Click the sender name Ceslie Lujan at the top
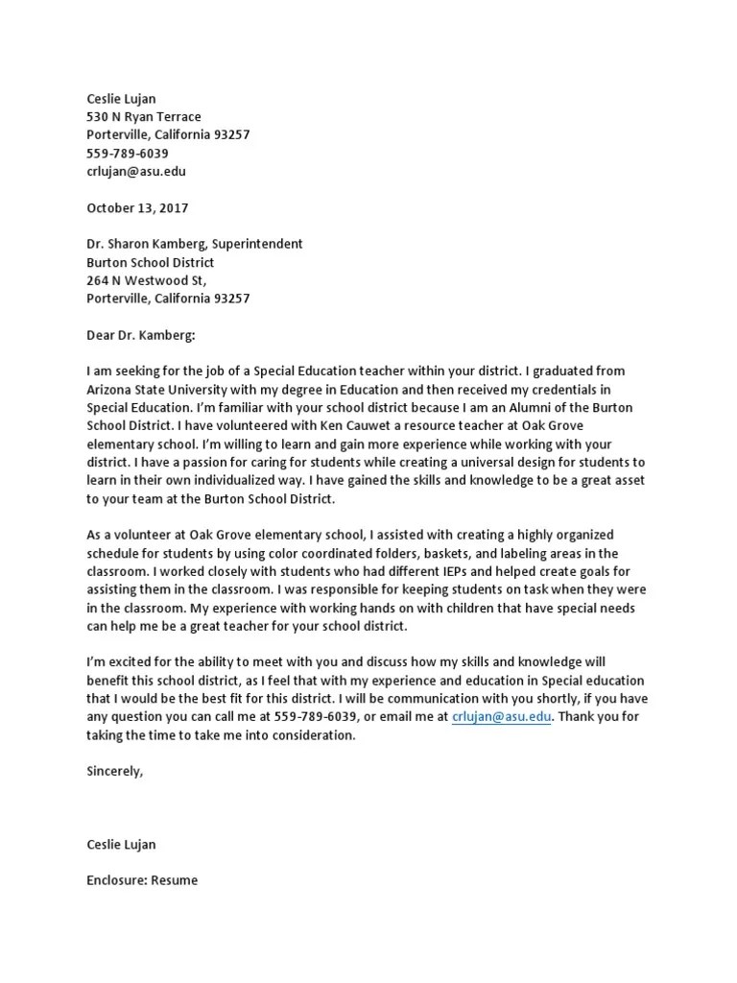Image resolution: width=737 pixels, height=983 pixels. click(121, 99)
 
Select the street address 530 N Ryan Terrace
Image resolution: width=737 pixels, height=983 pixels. click(144, 117)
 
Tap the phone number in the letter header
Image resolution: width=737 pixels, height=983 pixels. click(128, 154)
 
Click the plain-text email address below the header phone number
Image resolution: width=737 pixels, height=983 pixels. click(136, 172)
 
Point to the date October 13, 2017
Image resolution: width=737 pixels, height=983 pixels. click(137, 207)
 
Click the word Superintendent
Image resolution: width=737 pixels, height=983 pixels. click(257, 244)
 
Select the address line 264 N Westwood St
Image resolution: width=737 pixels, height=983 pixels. click(146, 280)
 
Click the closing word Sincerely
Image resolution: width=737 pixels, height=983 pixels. click(115, 771)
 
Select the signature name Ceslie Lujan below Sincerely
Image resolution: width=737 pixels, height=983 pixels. click(121, 845)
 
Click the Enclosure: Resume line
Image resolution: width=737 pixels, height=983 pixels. click(142, 880)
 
